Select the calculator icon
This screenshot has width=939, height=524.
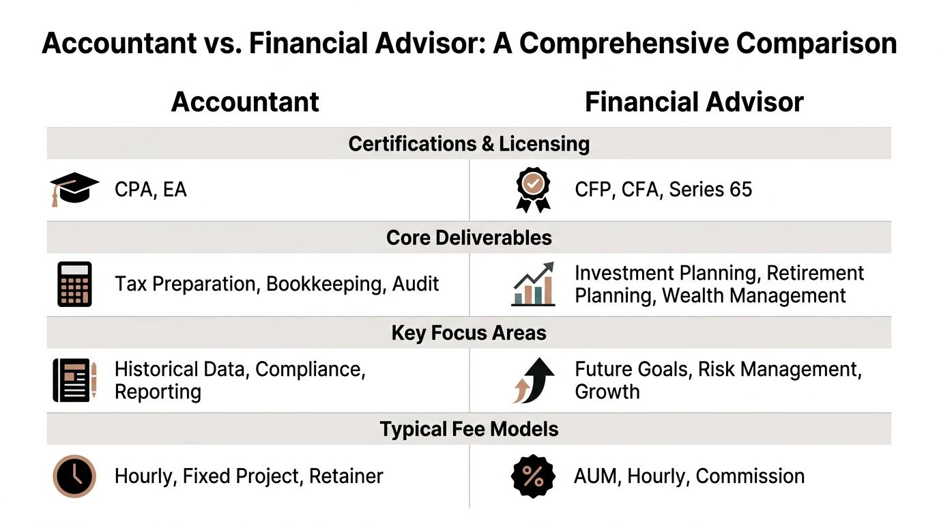coord(74,285)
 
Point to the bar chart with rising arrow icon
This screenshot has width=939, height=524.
coord(533,284)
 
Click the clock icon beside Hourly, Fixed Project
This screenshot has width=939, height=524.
coord(74,476)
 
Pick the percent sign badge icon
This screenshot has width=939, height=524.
coord(532,476)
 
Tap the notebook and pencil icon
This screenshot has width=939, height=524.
coord(74,380)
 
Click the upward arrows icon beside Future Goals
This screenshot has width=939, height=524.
coord(532,380)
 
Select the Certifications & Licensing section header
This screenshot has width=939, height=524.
coord(469,144)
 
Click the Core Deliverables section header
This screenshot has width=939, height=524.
coord(469,237)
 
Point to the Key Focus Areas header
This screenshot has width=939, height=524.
coord(469,333)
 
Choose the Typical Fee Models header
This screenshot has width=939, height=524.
coord(469,429)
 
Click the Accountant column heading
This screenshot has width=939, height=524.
coord(245,102)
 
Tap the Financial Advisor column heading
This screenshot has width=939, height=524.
coord(694,102)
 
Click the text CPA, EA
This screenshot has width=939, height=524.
coord(150,189)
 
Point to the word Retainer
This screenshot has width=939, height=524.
coord(346,476)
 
